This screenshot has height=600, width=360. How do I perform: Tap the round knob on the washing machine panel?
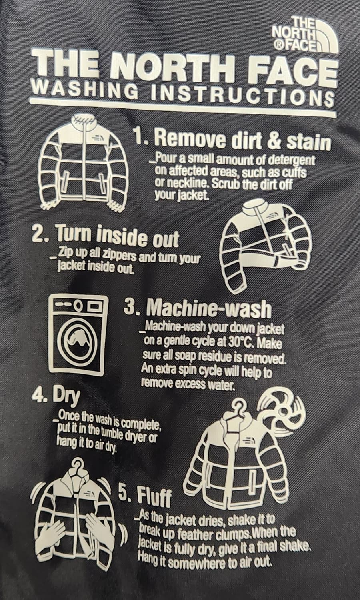pyautogui.click(x=78, y=305)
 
